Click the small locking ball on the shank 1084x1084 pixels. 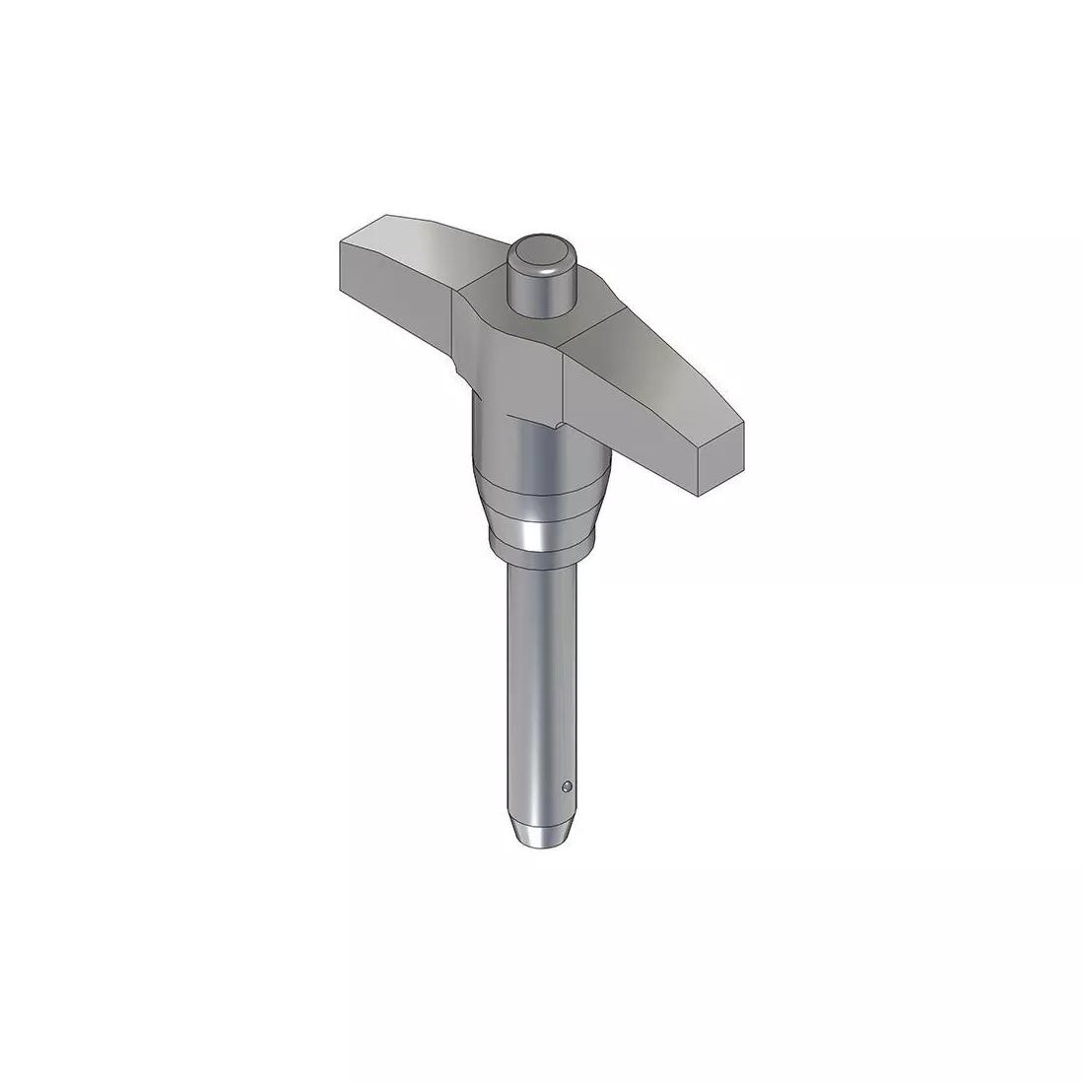pos(567,786)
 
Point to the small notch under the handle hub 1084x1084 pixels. pos(557,426)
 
